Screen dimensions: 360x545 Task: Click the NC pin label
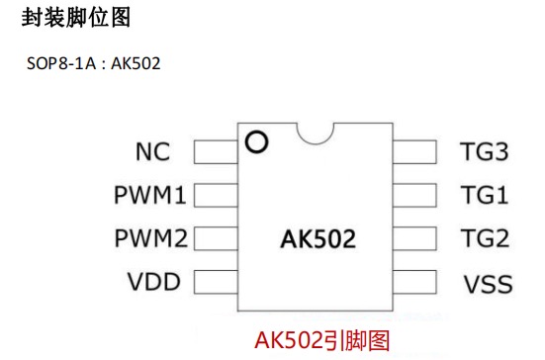153,152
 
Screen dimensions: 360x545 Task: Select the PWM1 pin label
149,196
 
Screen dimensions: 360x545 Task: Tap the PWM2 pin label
149,238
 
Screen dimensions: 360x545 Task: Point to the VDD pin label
152,282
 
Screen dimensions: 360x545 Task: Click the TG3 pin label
484,152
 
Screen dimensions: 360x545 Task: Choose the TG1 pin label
484,196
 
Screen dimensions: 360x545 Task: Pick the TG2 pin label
484,238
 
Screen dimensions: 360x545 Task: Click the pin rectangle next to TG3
414,151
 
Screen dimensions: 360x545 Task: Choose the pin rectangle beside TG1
414,195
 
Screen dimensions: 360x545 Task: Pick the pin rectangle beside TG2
414,238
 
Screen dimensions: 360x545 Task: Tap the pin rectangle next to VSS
414,282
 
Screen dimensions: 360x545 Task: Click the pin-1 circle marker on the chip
257,142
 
